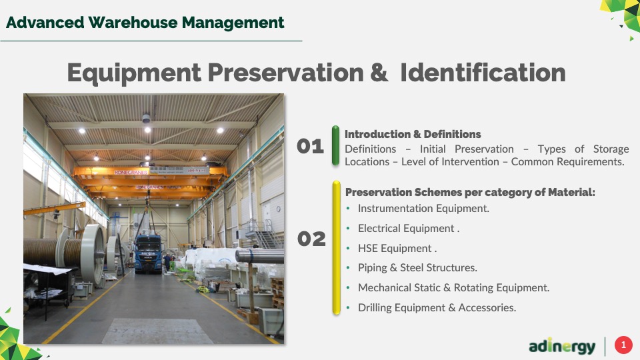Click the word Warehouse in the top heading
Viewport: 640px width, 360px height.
tap(133, 23)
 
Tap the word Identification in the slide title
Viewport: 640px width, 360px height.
tap(483, 73)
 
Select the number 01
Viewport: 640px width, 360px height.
tap(310, 147)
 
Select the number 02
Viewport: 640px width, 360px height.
tap(311, 239)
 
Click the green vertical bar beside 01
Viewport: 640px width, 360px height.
tap(335, 145)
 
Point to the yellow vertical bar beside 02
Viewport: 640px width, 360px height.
tap(336, 248)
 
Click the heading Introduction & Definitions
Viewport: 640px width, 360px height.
tap(413, 134)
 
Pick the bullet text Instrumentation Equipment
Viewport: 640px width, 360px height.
tap(423, 209)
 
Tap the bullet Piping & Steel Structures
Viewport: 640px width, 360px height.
tap(417, 268)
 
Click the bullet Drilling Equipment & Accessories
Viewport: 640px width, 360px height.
tap(437, 308)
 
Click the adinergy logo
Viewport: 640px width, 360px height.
tap(562, 346)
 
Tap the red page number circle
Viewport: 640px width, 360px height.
tap(623, 345)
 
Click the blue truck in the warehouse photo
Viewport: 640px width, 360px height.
tap(148, 254)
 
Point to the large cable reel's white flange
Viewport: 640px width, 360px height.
tap(93, 254)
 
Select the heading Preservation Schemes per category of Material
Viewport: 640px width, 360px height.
tap(470, 192)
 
